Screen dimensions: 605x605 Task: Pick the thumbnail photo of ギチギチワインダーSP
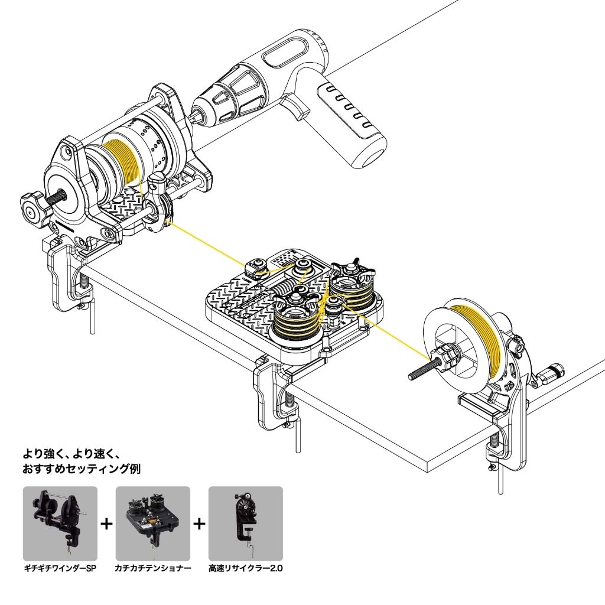[x=60, y=523]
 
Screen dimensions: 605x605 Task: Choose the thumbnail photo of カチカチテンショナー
[x=152, y=523]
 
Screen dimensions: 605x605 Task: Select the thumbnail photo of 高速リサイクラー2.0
[x=246, y=523]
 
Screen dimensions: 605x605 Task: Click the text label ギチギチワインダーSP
[x=60, y=569]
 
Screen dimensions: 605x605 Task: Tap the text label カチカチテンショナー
[x=152, y=569]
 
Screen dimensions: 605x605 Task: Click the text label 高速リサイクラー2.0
[x=246, y=569]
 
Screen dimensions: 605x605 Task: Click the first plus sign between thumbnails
[x=106, y=523]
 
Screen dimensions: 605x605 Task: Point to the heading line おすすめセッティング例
[x=82, y=470]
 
